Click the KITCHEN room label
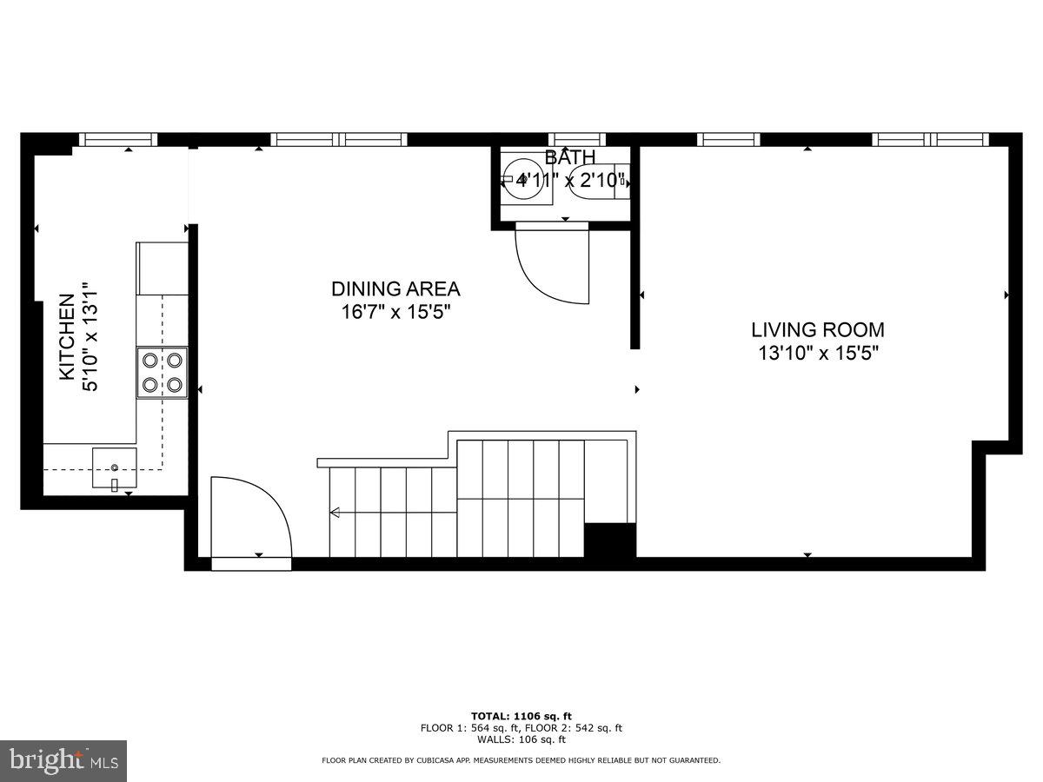click(x=66, y=337)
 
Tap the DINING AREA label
click(x=395, y=289)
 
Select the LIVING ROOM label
click(x=817, y=330)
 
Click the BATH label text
click(x=570, y=157)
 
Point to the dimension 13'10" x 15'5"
click(x=817, y=354)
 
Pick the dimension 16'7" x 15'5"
click(x=395, y=312)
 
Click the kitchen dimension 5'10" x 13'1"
click(x=90, y=337)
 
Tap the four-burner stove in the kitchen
click(x=162, y=372)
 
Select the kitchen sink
click(x=114, y=468)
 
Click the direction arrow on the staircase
click(x=335, y=513)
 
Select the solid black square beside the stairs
click(x=610, y=540)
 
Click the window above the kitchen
click(x=118, y=139)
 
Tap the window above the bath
click(x=576, y=139)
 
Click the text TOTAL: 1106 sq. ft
click(x=521, y=716)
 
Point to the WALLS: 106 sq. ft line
click(x=521, y=739)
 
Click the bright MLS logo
click(x=63, y=761)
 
